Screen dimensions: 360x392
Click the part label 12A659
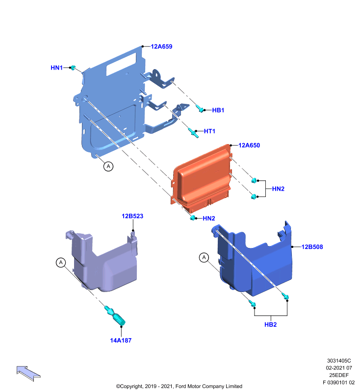pyautogui.click(x=161, y=47)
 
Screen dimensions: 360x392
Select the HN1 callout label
pyautogui.click(x=56, y=68)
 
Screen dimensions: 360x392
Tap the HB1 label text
pyautogui.click(x=218, y=110)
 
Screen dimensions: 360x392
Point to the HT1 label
pyautogui.click(x=209, y=131)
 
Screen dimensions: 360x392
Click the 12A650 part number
pyautogui.click(x=249, y=146)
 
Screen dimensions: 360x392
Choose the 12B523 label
pyautogui.click(x=132, y=216)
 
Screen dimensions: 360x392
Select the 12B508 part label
pyautogui.click(x=312, y=247)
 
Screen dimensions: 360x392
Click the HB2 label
pyautogui.click(x=270, y=325)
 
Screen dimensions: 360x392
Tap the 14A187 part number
pyautogui.click(x=121, y=341)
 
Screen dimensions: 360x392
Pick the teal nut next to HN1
pyautogui.click(x=73, y=68)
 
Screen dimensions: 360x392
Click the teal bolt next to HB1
pyautogui.click(x=201, y=109)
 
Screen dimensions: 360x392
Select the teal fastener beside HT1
pyautogui.click(x=194, y=133)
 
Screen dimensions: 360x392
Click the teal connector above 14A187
pyautogui.click(x=115, y=316)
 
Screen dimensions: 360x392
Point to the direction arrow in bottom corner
pyautogui.click(x=28, y=373)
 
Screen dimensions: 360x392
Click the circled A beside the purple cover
pyautogui.click(x=61, y=263)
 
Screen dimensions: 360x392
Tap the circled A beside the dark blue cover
pyautogui.click(x=204, y=258)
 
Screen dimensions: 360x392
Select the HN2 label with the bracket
pyautogui.click(x=278, y=189)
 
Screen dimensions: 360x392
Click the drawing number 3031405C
pyautogui.click(x=339, y=361)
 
